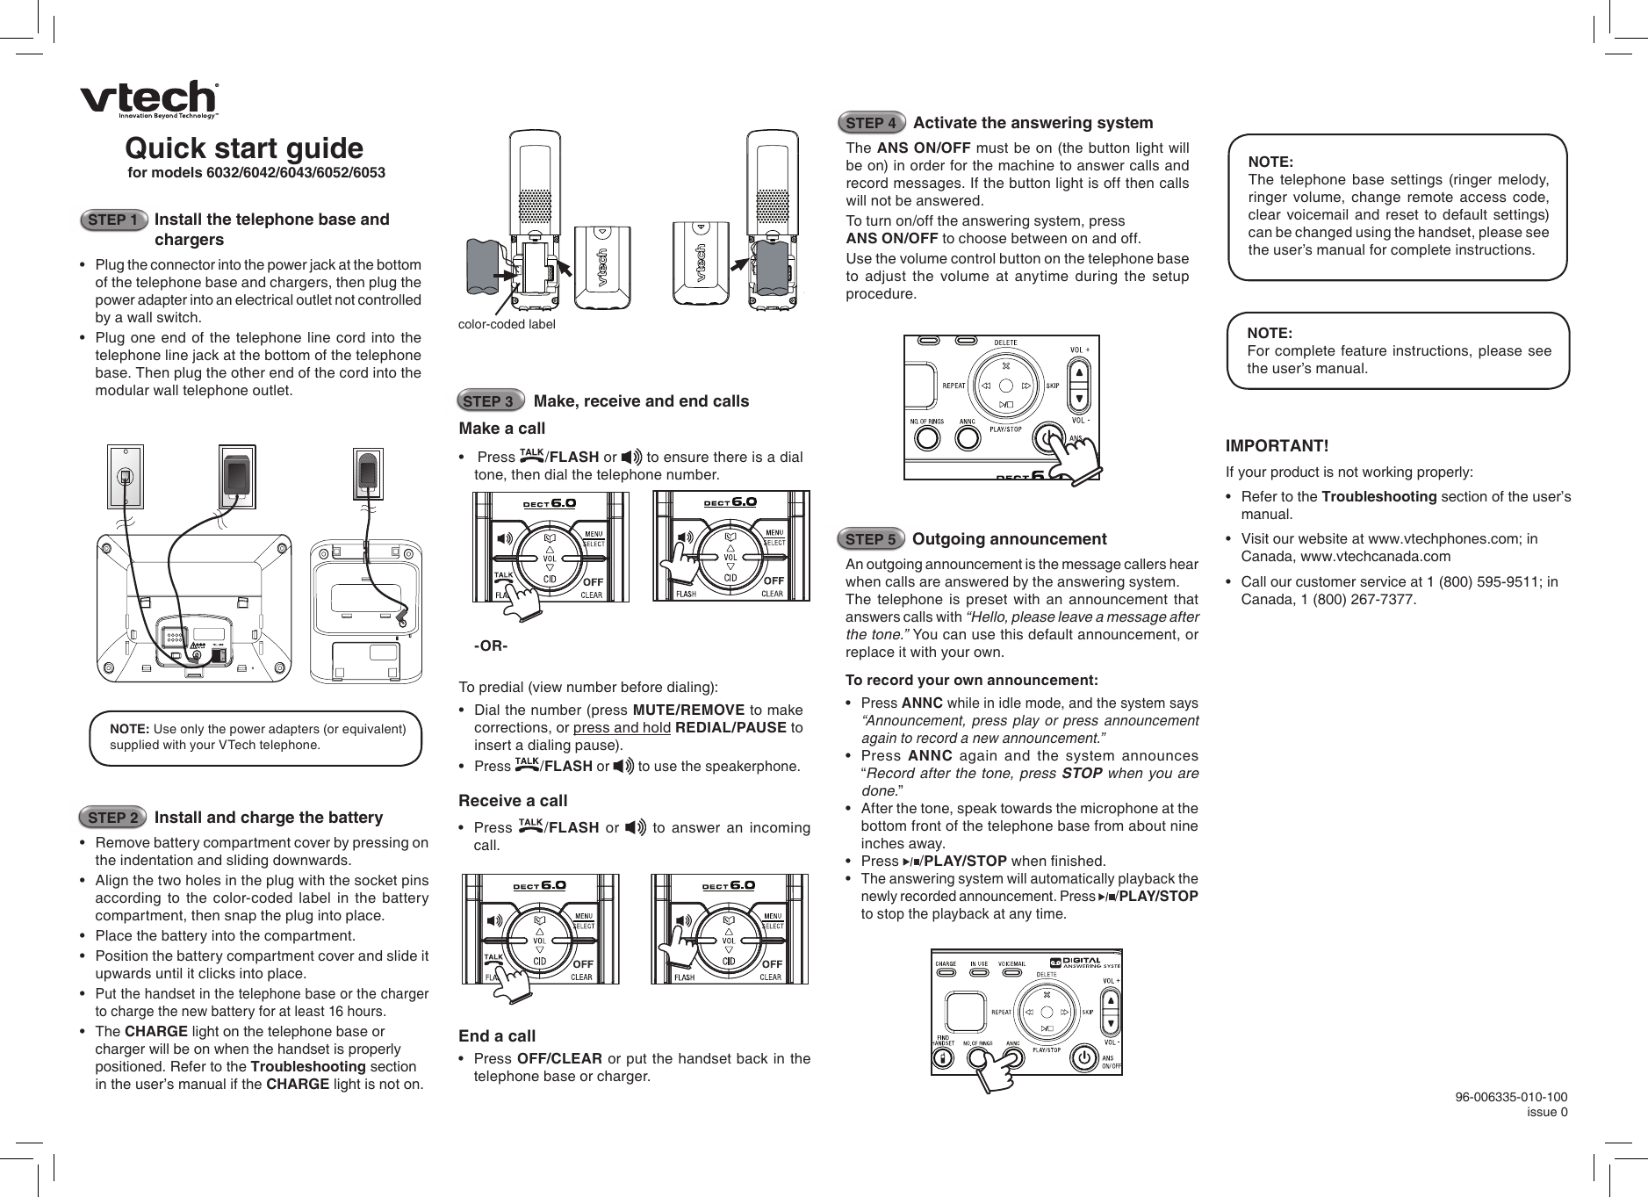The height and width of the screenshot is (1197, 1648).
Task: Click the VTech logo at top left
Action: (x=149, y=98)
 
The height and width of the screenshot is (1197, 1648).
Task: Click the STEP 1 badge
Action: (x=112, y=220)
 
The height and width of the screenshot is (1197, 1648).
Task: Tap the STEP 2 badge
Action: (x=112, y=818)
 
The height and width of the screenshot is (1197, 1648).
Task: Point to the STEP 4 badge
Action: (x=871, y=122)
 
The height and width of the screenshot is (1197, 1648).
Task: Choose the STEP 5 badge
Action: (x=871, y=538)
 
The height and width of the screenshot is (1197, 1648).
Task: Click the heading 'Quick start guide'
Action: (x=244, y=148)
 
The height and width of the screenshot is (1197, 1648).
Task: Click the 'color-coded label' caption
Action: (x=507, y=324)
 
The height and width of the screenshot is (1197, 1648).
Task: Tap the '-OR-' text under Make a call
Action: (x=491, y=646)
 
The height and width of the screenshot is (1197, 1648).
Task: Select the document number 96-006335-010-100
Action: (x=1510, y=1097)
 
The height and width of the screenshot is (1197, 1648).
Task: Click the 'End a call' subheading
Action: (x=497, y=1035)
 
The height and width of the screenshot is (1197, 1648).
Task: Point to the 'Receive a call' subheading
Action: (x=513, y=800)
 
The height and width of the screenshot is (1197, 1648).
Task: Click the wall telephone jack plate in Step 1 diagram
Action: (x=125, y=477)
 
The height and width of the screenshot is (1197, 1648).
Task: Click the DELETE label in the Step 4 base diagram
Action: (x=1005, y=343)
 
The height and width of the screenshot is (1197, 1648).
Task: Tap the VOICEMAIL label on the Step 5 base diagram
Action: (x=1012, y=963)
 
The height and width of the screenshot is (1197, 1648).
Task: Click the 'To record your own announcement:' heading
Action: (x=971, y=681)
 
